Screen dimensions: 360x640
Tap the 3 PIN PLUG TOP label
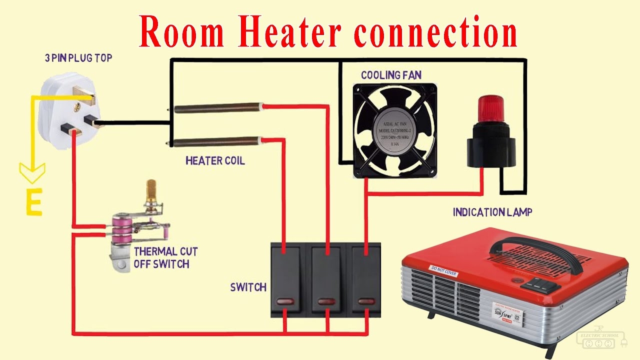coord(78,58)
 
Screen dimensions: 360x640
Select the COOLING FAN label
coord(391,75)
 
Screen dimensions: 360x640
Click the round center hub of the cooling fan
coord(395,131)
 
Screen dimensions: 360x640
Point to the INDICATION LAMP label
coord(492,212)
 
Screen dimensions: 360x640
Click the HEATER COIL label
coord(215,161)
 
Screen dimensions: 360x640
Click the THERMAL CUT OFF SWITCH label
coord(165,257)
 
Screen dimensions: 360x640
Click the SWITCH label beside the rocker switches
coord(248,287)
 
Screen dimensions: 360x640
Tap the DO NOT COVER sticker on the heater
coord(444,270)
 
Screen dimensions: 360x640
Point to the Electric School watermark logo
coord(600,340)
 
